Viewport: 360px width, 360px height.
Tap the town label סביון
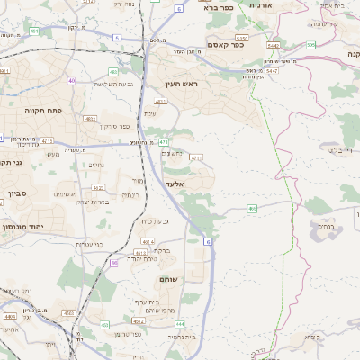point(18,193)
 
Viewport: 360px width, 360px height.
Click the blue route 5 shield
point(117,38)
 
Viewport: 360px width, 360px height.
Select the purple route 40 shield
point(71,80)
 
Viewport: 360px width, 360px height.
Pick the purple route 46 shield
point(114,263)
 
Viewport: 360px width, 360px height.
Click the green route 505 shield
point(310,44)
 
